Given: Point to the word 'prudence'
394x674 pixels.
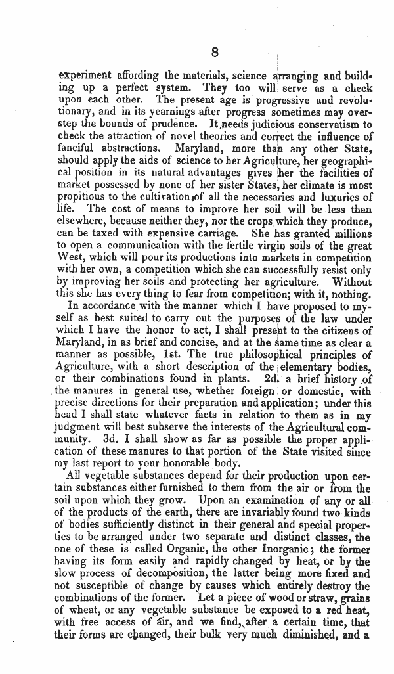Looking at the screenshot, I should coord(177,124).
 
